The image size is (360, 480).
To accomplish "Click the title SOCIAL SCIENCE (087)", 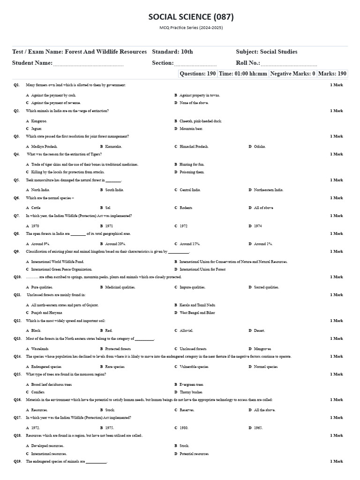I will [191, 17].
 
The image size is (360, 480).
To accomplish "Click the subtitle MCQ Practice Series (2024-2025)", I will [191, 28].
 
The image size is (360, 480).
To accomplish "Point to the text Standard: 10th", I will [172, 52].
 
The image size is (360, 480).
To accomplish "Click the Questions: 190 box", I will [198, 74].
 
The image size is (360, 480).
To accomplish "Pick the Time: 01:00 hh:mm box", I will [243, 74].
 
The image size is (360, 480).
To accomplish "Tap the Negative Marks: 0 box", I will [292, 74].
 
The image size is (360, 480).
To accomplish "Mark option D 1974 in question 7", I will [258, 226].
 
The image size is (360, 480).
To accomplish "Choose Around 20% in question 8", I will [115, 244].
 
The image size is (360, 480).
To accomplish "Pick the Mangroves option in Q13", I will [262, 349].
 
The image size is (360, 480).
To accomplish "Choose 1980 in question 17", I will [184, 427].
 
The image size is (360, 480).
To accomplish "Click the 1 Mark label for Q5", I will [336, 180].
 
